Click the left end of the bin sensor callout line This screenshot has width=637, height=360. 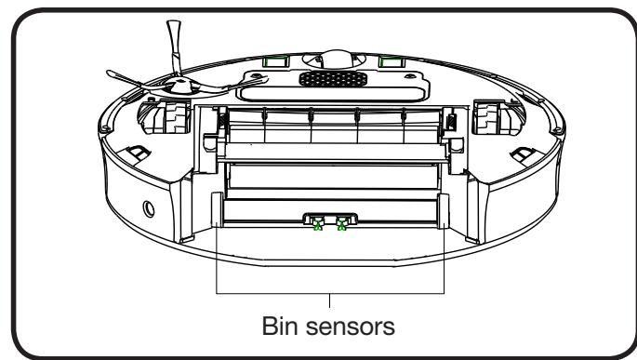pos(216,229)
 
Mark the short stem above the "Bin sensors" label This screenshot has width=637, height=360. pos(331,300)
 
